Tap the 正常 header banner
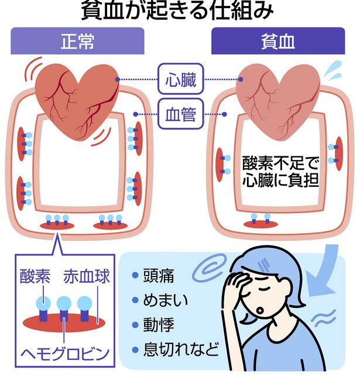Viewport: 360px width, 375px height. pyautogui.click(x=77, y=42)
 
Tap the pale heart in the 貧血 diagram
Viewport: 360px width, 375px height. pyautogui.click(x=276, y=94)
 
